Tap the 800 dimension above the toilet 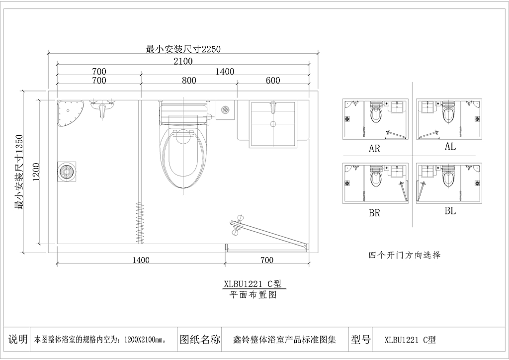(189, 80)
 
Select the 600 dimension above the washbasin (272, 80)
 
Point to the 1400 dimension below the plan (141, 260)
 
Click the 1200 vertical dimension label (35, 172)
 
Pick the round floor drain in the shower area (66, 171)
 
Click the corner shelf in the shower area (69, 113)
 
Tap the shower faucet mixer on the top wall (103, 108)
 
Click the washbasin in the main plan (272, 124)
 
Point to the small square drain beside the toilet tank (226, 109)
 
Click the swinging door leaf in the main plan (268, 234)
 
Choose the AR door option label (374, 149)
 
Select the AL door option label (450, 147)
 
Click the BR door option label (374, 213)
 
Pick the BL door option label (450, 211)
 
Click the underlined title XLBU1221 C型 (253, 284)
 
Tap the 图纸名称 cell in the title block (199, 340)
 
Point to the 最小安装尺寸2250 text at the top (182, 49)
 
